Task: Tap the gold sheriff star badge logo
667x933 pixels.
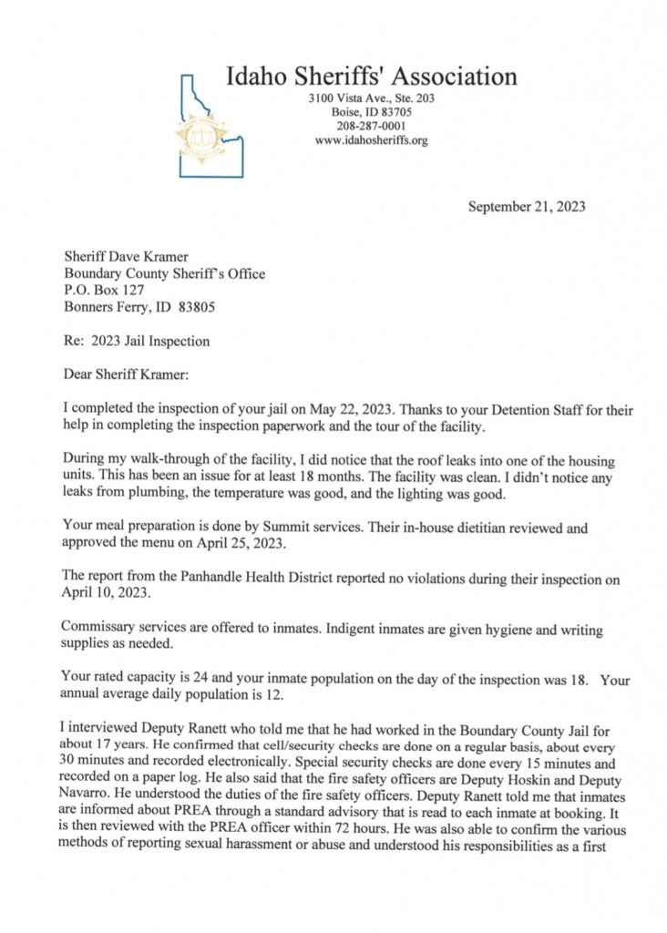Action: (202, 137)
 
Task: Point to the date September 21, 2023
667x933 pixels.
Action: (527, 207)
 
